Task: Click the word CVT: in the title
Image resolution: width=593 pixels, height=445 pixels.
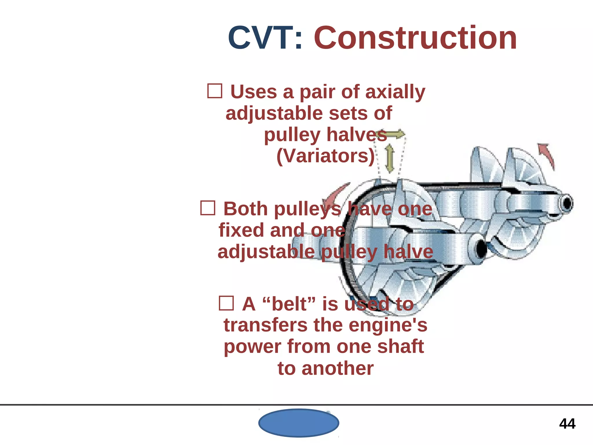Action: [265, 38]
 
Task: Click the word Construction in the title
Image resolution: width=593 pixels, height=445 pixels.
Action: [415, 38]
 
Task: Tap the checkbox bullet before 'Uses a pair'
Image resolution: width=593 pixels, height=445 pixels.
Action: [215, 91]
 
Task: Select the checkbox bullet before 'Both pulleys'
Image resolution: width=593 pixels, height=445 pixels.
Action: [208, 208]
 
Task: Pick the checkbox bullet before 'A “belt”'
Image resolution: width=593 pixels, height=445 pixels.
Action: [226, 303]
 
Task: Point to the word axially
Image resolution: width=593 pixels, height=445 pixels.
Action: [395, 92]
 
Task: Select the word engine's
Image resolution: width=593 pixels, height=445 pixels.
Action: [388, 325]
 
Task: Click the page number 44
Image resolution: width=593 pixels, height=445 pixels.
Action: [567, 424]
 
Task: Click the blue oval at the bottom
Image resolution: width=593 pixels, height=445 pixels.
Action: [299, 423]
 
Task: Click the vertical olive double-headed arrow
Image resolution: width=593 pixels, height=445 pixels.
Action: [390, 159]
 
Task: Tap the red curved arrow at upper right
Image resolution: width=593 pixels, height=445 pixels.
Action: [547, 155]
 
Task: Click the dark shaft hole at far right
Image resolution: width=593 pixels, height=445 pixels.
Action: [567, 204]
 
